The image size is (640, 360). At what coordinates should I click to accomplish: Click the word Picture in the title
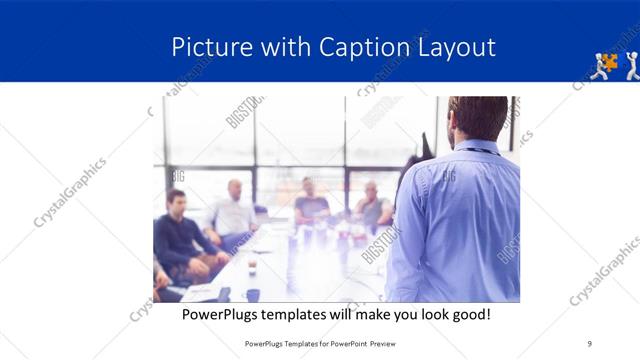tap(204, 47)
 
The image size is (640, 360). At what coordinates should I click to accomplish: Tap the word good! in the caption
tap(469, 314)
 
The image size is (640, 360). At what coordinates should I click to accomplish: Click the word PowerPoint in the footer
tap(341, 344)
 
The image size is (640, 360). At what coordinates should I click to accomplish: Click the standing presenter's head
tap(478, 119)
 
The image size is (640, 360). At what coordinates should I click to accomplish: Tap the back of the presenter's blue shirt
tap(460, 220)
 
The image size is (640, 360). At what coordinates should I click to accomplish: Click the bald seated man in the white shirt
tap(233, 212)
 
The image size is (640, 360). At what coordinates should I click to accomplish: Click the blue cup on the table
tap(253, 294)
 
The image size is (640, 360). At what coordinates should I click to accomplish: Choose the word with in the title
tap(284, 47)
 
